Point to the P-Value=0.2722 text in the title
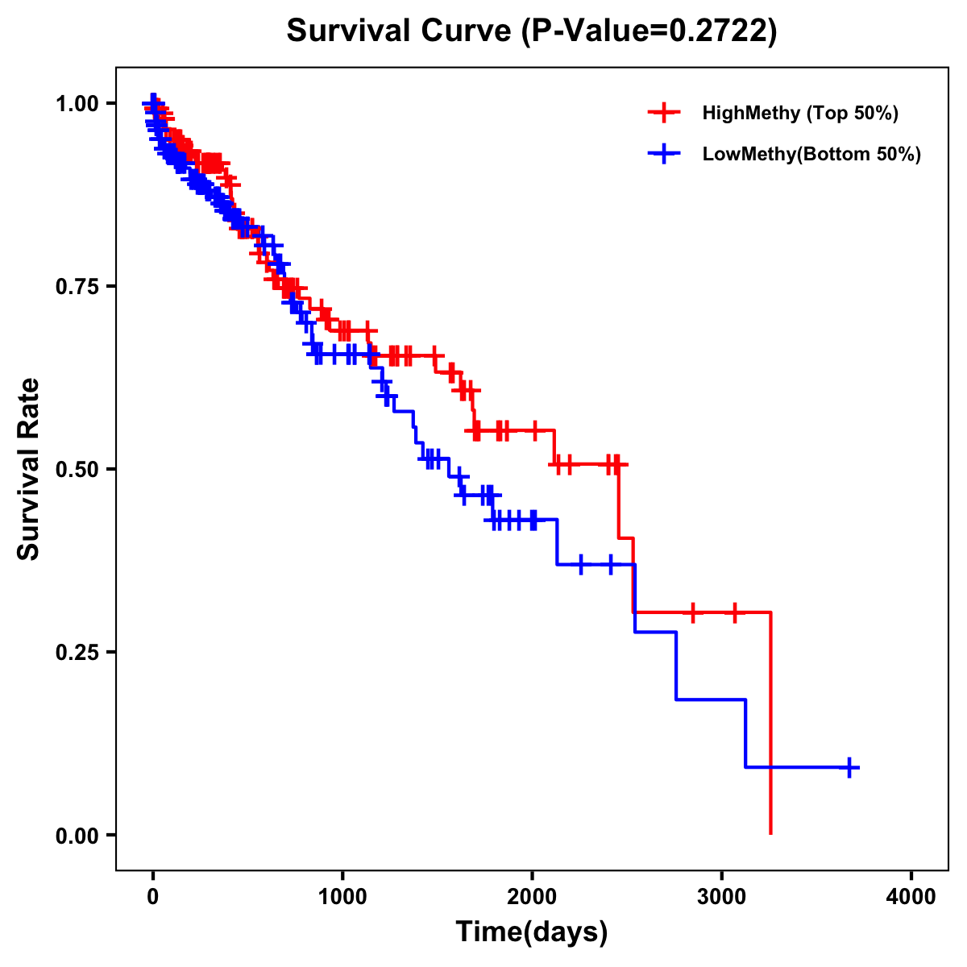pos(649,31)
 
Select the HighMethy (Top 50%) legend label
pos(799,113)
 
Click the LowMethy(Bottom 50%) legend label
pos(811,155)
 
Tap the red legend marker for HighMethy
pos(664,113)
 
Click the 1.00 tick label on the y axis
pos(77,104)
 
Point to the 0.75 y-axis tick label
pos(77,287)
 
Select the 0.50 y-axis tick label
pos(77,470)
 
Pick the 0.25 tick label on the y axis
pos(77,653)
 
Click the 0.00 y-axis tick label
pos(77,836)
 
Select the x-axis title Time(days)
pos(532,932)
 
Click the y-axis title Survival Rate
pos(29,469)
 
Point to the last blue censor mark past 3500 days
pos(849,767)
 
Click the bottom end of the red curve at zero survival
pos(771,832)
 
